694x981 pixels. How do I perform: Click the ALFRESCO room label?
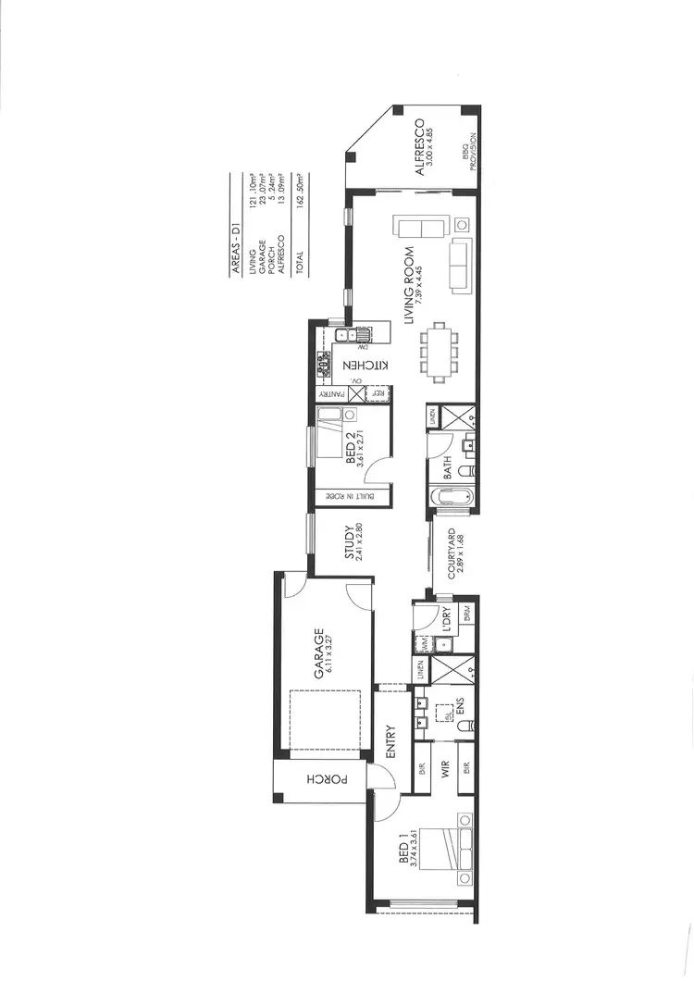[418, 148]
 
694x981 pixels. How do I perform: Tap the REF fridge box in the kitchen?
[378, 393]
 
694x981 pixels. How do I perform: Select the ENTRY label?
[390, 741]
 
